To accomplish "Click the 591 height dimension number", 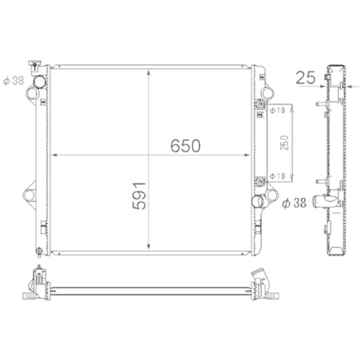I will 140,195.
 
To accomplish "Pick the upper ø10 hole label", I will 279,109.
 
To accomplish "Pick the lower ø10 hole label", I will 279,175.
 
